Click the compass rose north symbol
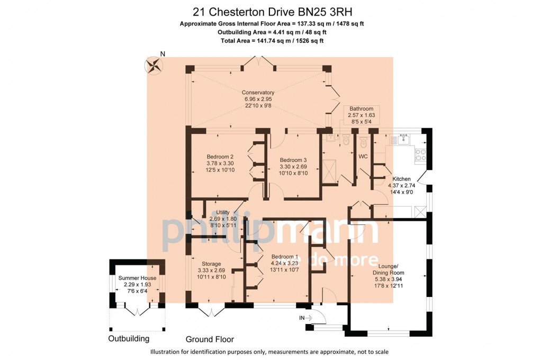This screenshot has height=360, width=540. click(x=154, y=65)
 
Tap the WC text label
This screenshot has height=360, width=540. click(x=364, y=157)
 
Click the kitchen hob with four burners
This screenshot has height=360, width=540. click(x=420, y=155)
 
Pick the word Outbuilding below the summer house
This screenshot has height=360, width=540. click(x=129, y=339)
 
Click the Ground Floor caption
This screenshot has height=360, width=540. click(x=210, y=339)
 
